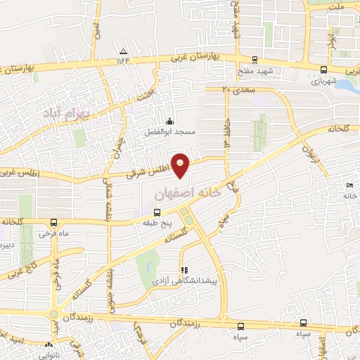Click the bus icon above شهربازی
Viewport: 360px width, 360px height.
323,70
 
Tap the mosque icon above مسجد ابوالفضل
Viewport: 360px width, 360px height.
169,120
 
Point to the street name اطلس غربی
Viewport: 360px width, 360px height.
20,171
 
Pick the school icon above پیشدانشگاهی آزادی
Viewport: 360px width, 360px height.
184,270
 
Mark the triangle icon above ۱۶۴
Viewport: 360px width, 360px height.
124,51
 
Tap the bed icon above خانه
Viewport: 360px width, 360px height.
350,185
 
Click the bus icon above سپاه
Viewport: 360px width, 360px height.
240,326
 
